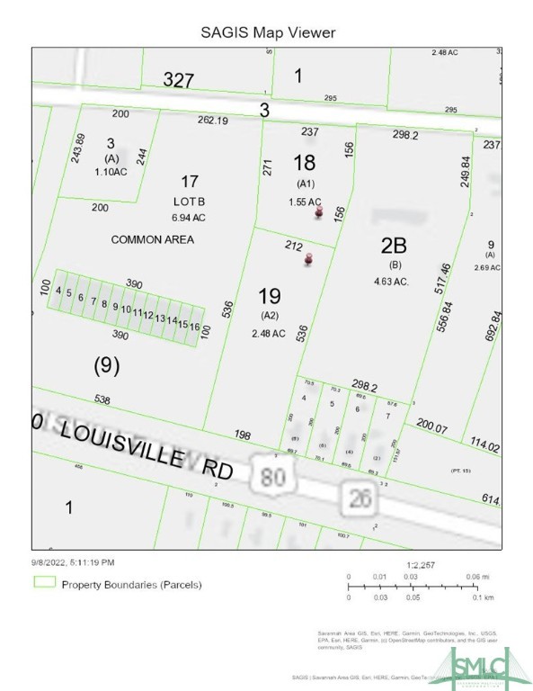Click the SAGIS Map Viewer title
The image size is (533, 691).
tap(268, 32)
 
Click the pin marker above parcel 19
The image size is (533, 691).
tap(308, 260)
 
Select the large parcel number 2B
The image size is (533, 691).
tap(394, 246)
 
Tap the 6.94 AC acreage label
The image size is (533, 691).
tap(189, 218)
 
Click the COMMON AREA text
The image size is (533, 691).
tap(152, 239)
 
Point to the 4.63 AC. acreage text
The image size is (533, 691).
tap(392, 282)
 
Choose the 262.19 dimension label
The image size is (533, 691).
tap(213, 121)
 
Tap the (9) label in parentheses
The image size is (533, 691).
tap(107, 365)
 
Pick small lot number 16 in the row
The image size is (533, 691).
tap(193, 326)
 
